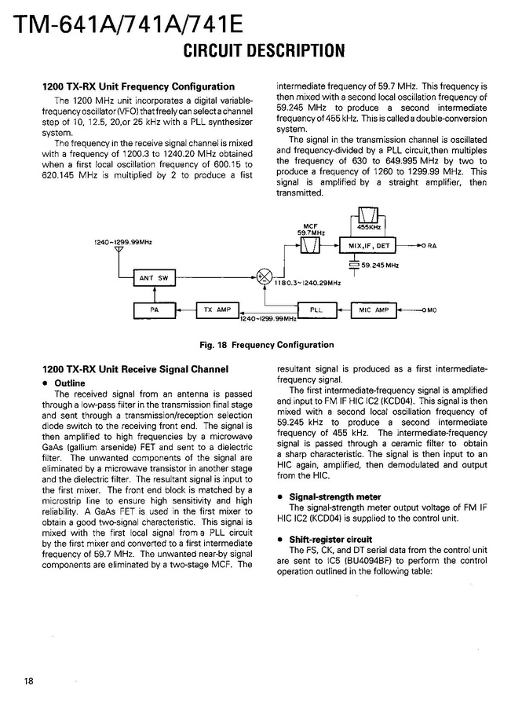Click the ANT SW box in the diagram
pos(154,277)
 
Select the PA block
pos(154,310)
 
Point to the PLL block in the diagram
pos(316,310)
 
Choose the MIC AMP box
pos(374,310)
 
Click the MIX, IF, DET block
pos(368,246)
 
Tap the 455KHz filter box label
pos(368,226)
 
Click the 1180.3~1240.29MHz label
pos(308,282)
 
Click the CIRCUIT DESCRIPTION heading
pos(264,52)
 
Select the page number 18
pos(28,680)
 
